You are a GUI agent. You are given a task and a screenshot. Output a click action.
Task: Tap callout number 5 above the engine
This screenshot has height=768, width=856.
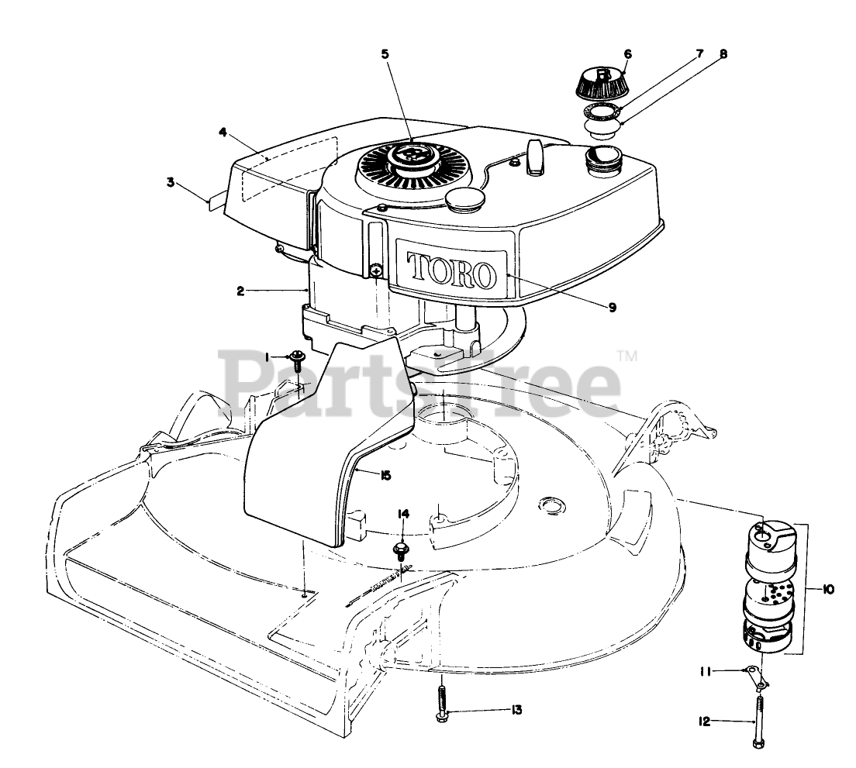(385, 53)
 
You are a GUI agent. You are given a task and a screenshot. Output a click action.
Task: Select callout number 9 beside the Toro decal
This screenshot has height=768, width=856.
(612, 308)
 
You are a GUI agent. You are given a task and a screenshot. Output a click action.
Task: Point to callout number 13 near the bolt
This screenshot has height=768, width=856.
(516, 710)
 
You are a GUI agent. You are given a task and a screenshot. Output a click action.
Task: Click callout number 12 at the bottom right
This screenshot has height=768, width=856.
(704, 722)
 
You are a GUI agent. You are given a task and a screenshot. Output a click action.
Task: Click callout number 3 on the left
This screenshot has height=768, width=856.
(170, 183)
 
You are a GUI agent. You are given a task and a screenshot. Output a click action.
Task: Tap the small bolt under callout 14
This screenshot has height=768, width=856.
(402, 550)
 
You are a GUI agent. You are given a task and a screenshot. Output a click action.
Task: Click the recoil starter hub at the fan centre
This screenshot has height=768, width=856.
(410, 160)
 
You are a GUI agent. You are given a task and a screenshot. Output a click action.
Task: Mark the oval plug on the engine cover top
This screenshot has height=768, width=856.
(464, 198)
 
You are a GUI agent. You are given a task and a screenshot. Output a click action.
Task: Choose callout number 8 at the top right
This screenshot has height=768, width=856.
(723, 54)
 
